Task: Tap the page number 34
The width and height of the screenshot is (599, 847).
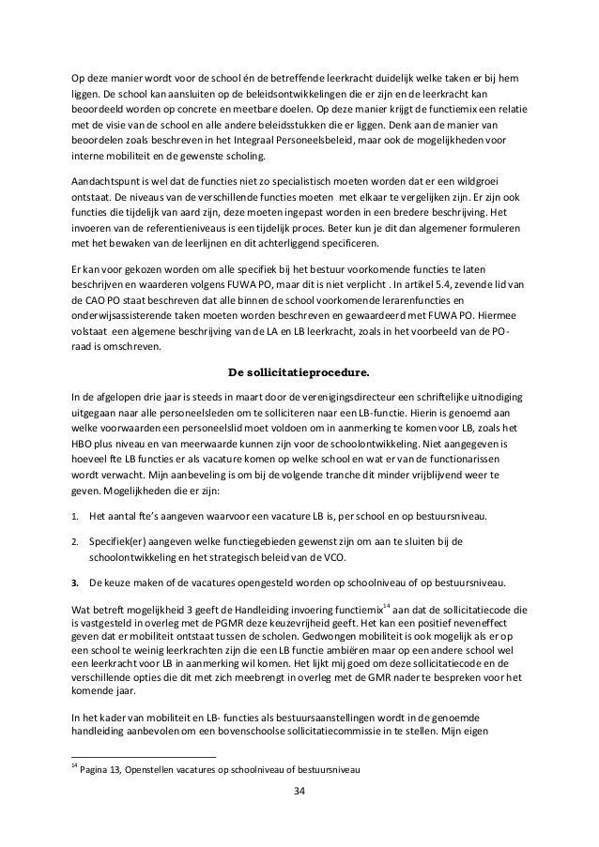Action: (x=299, y=793)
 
